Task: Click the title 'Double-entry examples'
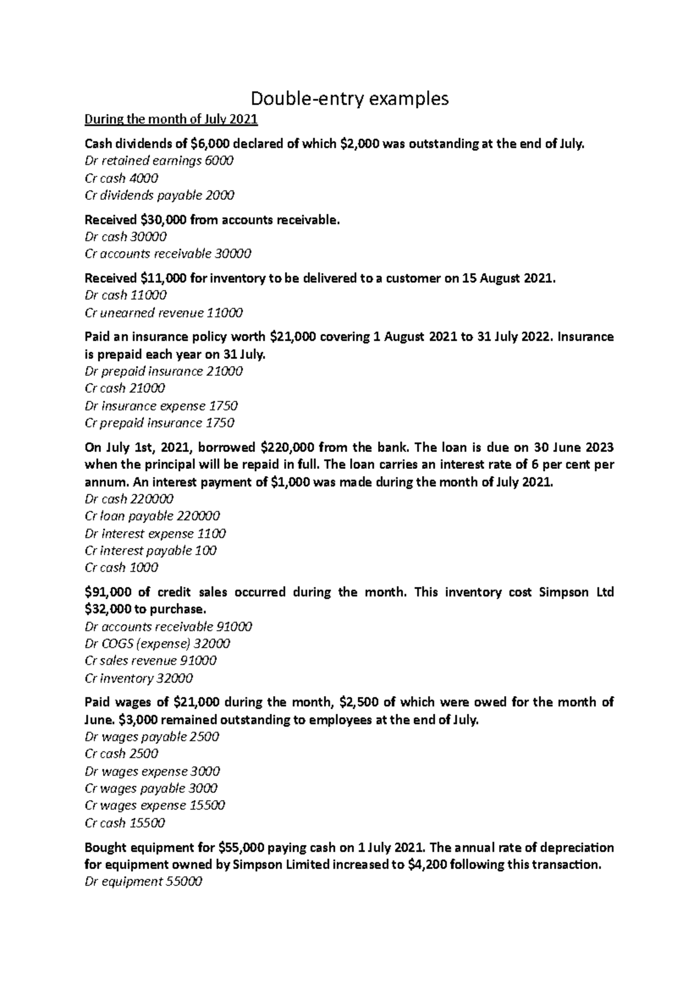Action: click(x=349, y=98)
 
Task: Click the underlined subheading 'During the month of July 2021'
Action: click(x=171, y=120)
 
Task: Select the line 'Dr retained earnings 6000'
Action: click(x=159, y=161)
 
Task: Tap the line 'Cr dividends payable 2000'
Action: click(x=160, y=195)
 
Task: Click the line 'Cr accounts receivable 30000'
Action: click(x=168, y=254)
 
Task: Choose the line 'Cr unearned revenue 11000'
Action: click(x=164, y=313)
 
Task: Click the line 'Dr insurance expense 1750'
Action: click(x=161, y=405)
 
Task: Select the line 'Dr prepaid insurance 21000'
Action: click(x=164, y=371)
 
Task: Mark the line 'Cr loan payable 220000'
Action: click(x=152, y=516)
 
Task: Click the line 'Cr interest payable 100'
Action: click(x=150, y=550)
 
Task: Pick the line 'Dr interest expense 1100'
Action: click(x=155, y=534)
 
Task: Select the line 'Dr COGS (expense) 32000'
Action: click(x=157, y=644)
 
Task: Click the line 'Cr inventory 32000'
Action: click(x=139, y=679)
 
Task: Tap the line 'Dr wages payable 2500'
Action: click(x=151, y=737)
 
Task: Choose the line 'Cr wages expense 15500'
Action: click(x=155, y=806)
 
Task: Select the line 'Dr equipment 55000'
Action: click(x=143, y=882)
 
